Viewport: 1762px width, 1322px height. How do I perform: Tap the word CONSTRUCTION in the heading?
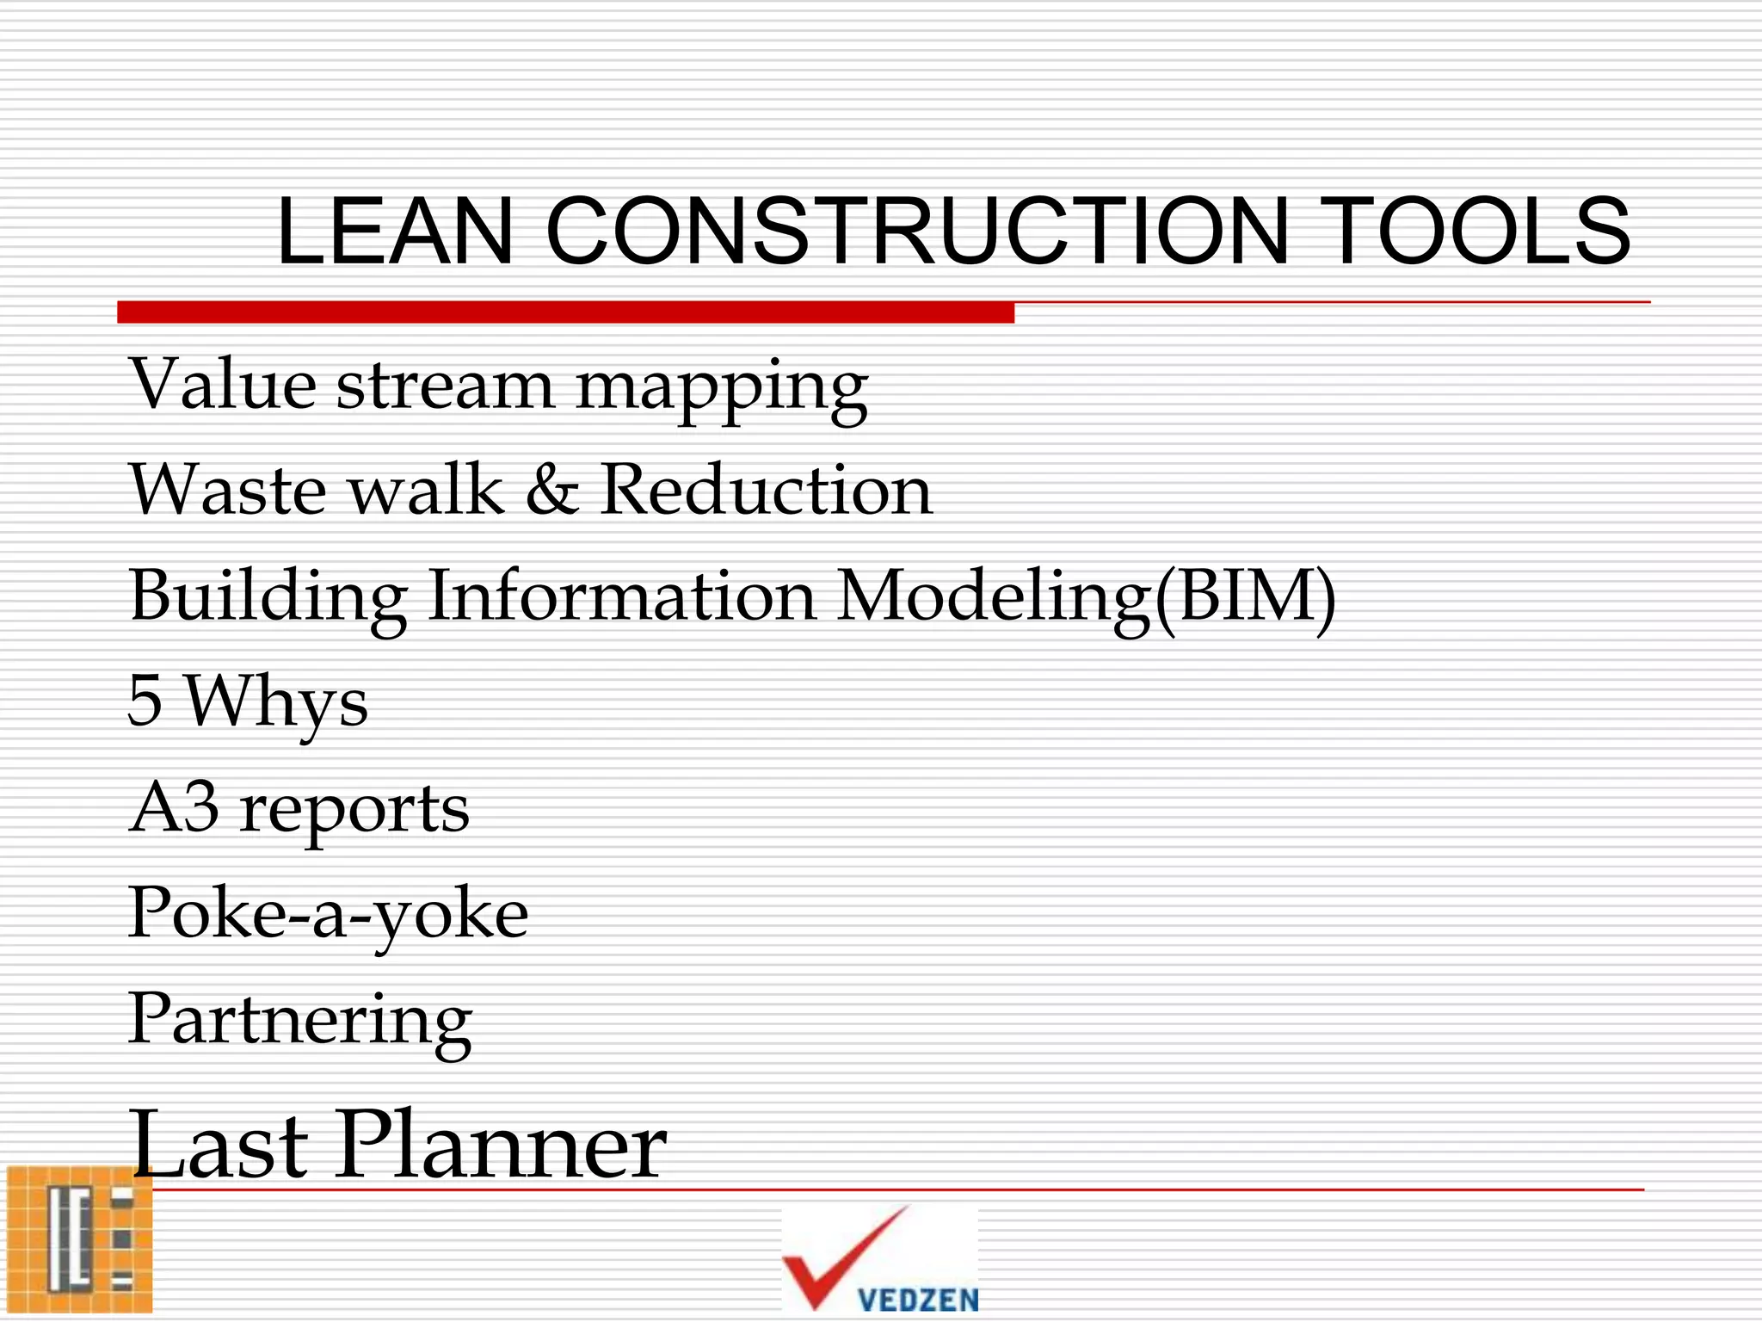917,231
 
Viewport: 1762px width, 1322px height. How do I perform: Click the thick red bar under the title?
565,312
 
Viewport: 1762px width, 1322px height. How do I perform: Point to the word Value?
223,383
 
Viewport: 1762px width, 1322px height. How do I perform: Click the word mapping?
721,389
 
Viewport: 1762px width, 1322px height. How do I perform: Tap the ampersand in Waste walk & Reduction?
551,490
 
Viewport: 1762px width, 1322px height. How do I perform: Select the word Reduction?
766,490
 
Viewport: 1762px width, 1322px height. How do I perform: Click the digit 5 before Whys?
145,701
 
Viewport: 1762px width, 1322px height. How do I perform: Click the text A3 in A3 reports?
174,807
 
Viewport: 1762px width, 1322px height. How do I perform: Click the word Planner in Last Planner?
503,1145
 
